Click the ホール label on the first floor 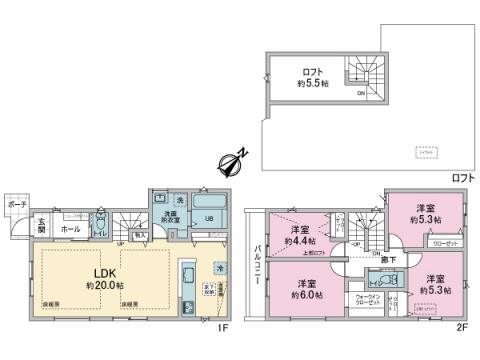(x=70, y=229)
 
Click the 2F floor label (x=463, y=325)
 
